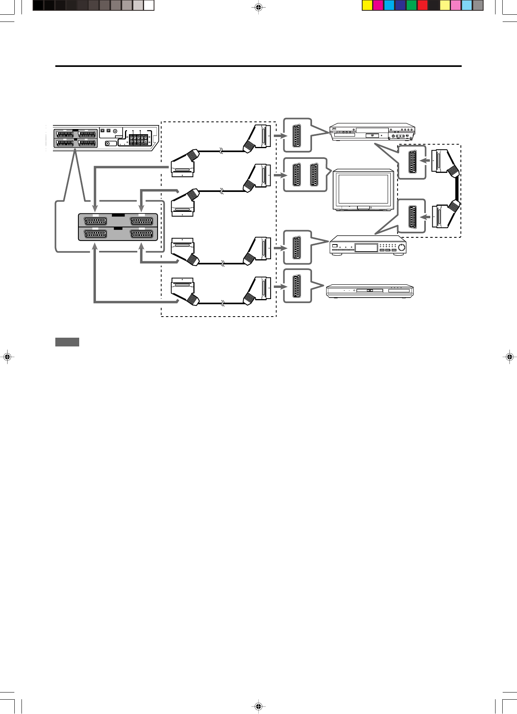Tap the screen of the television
[363, 189]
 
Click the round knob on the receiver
[401, 248]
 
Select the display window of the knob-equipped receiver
[366, 248]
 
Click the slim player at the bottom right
[370, 291]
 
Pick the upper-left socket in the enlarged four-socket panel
[96, 221]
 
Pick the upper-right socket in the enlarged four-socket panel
[141, 221]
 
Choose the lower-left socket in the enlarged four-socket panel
[96, 234]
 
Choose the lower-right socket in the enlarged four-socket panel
[141, 234]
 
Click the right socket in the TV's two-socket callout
[314, 175]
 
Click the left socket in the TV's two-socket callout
[297, 175]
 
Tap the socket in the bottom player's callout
[297, 286]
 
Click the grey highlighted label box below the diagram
[67, 342]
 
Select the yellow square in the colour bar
[367, 5]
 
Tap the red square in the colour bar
[423, 5]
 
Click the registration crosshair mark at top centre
[258, 7]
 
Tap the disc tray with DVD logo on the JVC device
[372, 136]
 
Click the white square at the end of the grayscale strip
[149, 5]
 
